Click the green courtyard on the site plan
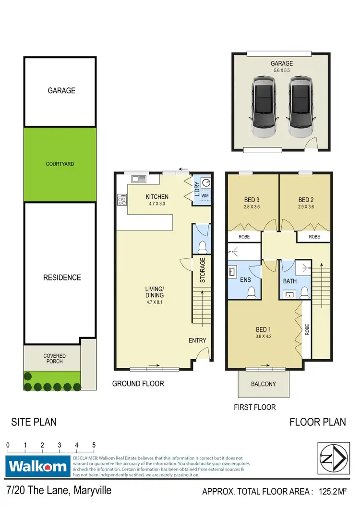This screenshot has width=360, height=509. click(60, 164)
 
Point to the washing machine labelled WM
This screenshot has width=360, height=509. click(205, 196)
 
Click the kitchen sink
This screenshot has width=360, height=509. click(139, 179)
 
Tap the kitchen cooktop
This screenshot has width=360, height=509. click(121, 200)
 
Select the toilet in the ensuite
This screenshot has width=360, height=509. click(251, 293)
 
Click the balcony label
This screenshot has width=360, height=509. click(264, 384)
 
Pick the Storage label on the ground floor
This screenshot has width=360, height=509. click(203, 270)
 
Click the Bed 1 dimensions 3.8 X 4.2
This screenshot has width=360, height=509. click(263, 337)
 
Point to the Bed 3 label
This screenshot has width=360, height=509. click(252, 200)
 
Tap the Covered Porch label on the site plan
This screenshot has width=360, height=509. click(54, 359)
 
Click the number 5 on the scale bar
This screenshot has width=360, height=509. click(94, 445)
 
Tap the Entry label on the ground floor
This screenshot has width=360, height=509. click(197, 340)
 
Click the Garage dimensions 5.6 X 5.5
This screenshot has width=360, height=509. click(282, 71)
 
